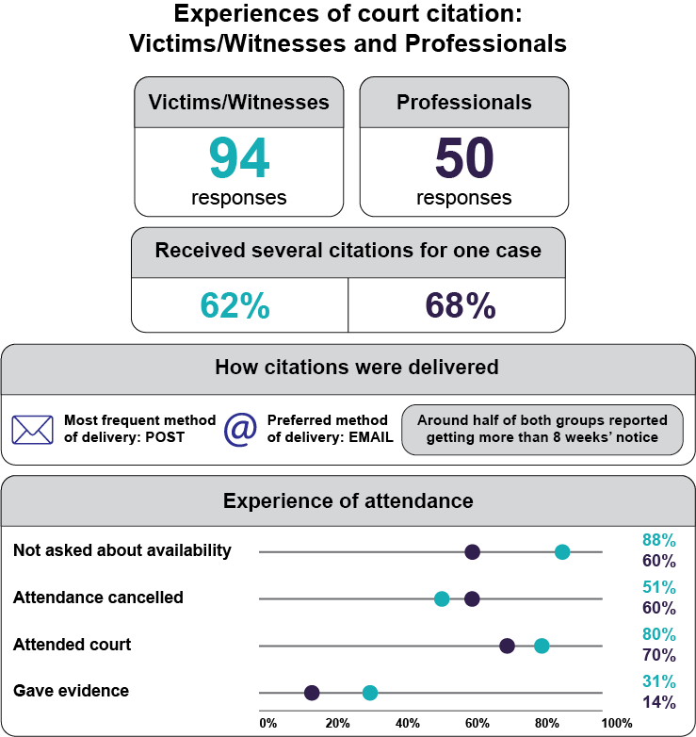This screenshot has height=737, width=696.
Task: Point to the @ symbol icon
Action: [x=241, y=429]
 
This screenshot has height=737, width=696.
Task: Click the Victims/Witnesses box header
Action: [x=238, y=103]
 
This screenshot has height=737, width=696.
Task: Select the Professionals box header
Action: [x=464, y=103]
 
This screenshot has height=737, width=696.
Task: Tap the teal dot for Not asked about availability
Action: [x=562, y=551]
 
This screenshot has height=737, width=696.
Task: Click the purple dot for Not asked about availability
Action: [x=473, y=551]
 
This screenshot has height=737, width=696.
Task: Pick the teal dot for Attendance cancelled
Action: [x=442, y=598]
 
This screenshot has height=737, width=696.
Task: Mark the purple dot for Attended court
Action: [x=507, y=646]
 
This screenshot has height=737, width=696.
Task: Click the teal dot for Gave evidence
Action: [x=370, y=693]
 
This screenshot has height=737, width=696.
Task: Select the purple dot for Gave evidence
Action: [x=312, y=693]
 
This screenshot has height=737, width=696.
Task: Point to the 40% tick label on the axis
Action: [x=407, y=723]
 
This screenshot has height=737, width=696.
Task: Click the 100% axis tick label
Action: [x=617, y=723]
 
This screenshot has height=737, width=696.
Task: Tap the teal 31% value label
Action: [x=658, y=681]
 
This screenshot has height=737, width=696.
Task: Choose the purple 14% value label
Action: [x=658, y=702]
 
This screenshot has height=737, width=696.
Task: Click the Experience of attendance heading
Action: [x=348, y=500]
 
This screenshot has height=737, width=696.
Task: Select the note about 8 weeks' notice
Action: [x=542, y=429]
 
